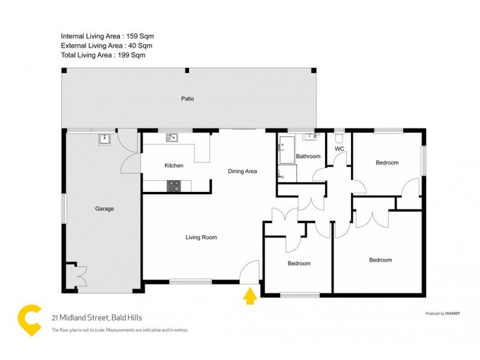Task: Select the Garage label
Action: (x=104, y=209)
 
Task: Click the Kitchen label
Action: (x=174, y=166)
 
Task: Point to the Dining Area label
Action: (x=242, y=172)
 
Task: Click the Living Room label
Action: (x=201, y=238)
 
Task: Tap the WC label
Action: (x=339, y=149)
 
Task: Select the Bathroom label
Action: (x=308, y=157)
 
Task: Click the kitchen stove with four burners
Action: (x=174, y=186)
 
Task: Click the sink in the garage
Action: (x=106, y=139)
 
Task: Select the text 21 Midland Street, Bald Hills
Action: (x=97, y=318)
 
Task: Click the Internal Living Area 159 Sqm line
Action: (x=103, y=36)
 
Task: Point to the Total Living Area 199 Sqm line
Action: (x=103, y=55)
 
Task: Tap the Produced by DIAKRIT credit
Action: (x=443, y=314)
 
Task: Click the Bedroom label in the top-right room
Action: (x=387, y=163)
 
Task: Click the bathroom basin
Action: (x=310, y=137)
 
